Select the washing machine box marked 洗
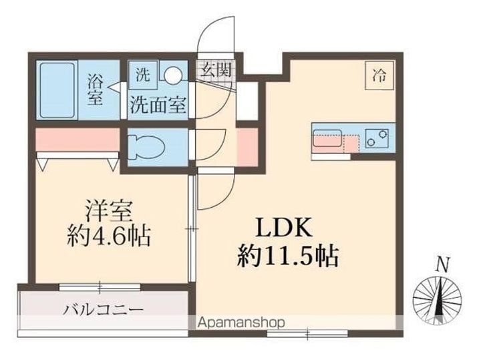142,75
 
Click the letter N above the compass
442,264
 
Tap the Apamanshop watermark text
241,323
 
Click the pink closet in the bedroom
73,141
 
